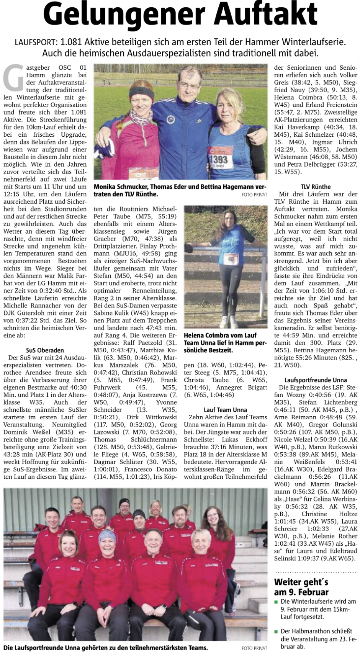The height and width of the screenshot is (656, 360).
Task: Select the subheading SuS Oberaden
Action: point(45,350)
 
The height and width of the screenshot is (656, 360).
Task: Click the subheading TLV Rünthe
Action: point(316,186)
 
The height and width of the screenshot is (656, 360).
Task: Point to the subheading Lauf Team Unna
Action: point(225,410)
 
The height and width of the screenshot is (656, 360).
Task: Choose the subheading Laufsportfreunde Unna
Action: point(316,380)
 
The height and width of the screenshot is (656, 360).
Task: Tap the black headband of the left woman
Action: point(141,93)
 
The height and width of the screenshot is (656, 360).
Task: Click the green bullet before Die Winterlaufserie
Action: point(276,602)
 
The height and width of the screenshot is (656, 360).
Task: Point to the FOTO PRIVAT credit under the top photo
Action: point(254,195)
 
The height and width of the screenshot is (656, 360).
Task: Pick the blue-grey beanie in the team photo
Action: point(108,537)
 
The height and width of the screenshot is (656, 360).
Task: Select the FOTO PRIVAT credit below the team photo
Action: point(254,648)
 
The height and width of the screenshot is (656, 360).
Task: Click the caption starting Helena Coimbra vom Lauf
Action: point(225,342)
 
